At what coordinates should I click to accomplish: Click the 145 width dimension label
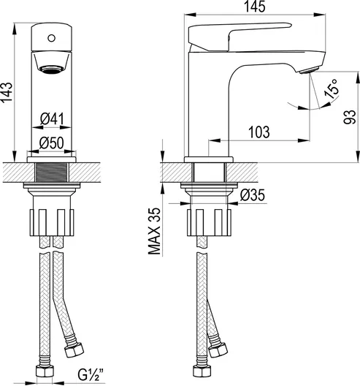(x=255, y=7)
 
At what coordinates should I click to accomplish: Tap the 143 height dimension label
(x=7, y=92)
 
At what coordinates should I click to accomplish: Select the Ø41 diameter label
(x=52, y=119)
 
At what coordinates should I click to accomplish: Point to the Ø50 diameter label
(x=52, y=143)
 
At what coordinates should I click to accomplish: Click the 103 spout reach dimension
(x=259, y=132)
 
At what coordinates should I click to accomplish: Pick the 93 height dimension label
(x=350, y=117)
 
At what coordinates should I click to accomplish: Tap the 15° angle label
(x=331, y=88)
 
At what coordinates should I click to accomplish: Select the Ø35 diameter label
(x=253, y=195)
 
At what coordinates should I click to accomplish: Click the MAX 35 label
(x=154, y=231)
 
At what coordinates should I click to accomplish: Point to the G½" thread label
(x=91, y=374)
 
